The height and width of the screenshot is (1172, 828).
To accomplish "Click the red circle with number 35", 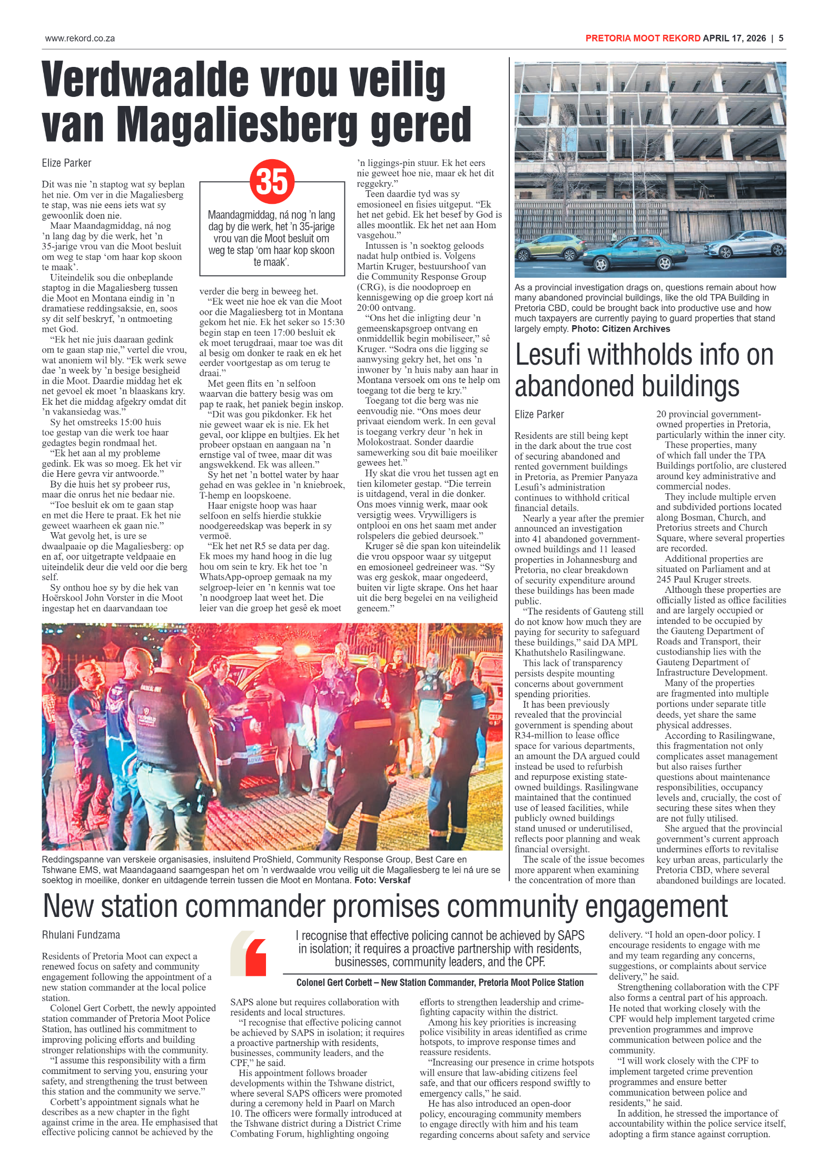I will tap(272, 181).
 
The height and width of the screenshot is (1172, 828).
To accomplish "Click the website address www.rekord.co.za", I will tap(80, 38).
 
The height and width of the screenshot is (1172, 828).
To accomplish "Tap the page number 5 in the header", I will tap(781, 38).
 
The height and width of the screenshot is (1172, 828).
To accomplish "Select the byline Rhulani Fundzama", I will tap(81, 935).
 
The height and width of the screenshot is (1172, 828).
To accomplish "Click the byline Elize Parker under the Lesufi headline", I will tap(539, 414).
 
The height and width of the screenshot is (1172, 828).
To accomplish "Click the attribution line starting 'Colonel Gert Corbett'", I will tap(440, 982).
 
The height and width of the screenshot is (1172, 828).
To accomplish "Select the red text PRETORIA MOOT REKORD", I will tap(643, 38).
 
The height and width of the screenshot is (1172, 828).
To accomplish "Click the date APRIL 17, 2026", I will tap(734, 38).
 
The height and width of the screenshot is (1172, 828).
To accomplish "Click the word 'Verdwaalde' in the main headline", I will tap(144, 80).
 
